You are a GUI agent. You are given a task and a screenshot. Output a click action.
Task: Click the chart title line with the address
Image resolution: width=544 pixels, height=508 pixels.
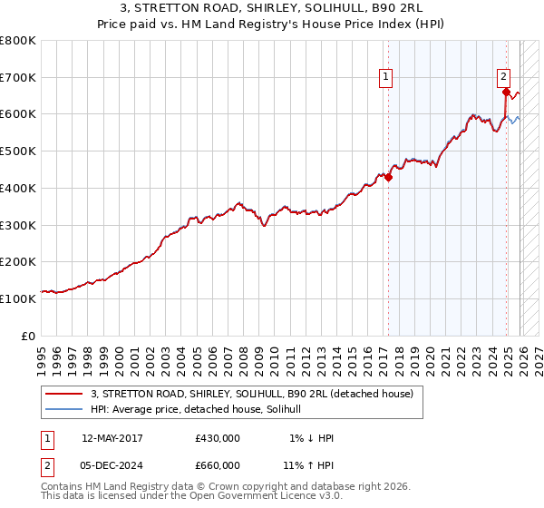coord(272,8)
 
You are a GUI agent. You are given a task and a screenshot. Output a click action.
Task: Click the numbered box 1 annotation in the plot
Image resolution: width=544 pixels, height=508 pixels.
coord(386,77)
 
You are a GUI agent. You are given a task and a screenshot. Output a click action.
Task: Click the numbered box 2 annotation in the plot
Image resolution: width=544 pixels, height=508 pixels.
coord(503,77)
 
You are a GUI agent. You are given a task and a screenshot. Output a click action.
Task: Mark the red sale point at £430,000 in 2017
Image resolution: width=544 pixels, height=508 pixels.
coord(388,177)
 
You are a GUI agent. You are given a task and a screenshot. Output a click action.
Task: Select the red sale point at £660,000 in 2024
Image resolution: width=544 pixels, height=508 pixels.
coord(505,92)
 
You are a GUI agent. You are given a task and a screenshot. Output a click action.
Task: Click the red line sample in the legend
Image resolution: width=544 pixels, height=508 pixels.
coord(64,394)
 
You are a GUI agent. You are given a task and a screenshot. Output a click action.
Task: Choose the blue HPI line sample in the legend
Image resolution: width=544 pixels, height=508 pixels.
coord(64,409)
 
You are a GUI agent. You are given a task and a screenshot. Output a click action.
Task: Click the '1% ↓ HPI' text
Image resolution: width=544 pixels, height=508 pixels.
coord(312,438)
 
